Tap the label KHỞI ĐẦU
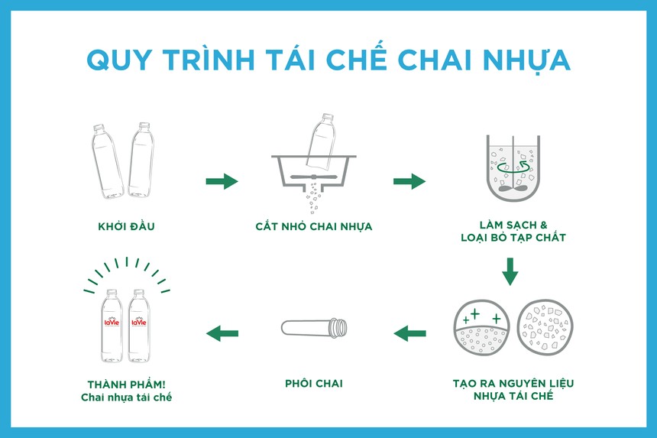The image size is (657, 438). pyautogui.click(x=127, y=226)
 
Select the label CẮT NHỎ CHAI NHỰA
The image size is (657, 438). pyautogui.click(x=314, y=226)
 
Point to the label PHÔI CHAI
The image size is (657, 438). pyautogui.click(x=313, y=383)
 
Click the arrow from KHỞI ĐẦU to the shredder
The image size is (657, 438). pyautogui.click(x=222, y=181)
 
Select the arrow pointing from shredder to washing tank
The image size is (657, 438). pyautogui.click(x=409, y=181)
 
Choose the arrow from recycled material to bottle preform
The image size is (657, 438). pyautogui.click(x=409, y=333)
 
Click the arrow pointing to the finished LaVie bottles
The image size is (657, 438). pyautogui.click(x=222, y=333)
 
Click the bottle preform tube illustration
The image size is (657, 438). pyautogui.click(x=314, y=329)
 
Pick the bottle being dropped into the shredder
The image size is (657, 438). pyautogui.click(x=321, y=141)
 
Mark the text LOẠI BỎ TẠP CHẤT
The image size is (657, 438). pyautogui.click(x=513, y=238)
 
